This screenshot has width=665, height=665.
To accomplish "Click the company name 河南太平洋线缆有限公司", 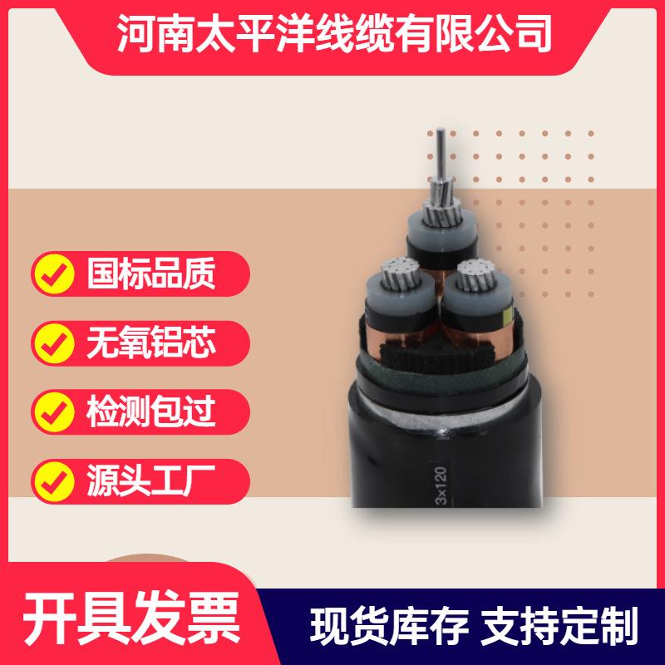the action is pyautogui.click(x=334, y=33).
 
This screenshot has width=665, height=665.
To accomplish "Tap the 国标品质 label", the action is pyautogui.click(x=151, y=273).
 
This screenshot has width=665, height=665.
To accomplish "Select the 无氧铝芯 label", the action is pyautogui.click(x=151, y=342).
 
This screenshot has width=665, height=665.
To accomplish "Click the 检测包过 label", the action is pyautogui.click(x=151, y=411).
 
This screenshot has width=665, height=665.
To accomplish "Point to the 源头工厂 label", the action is pyautogui.click(x=151, y=481).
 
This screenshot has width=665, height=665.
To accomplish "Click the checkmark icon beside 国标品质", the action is pyautogui.click(x=54, y=273).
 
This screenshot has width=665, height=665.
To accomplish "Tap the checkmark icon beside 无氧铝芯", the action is pyautogui.click(x=54, y=343).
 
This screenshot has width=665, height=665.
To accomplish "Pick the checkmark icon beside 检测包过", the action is pyautogui.click(x=54, y=412).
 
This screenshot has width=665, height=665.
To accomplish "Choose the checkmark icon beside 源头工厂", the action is pyautogui.click(x=54, y=481).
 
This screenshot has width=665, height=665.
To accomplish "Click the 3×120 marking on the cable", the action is pyautogui.click(x=441, y=485).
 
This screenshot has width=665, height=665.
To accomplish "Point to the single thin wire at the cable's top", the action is pyautogui.click(x=441, y=154).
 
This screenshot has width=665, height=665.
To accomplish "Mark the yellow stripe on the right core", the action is pyautogui.click(x=506, y=316).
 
